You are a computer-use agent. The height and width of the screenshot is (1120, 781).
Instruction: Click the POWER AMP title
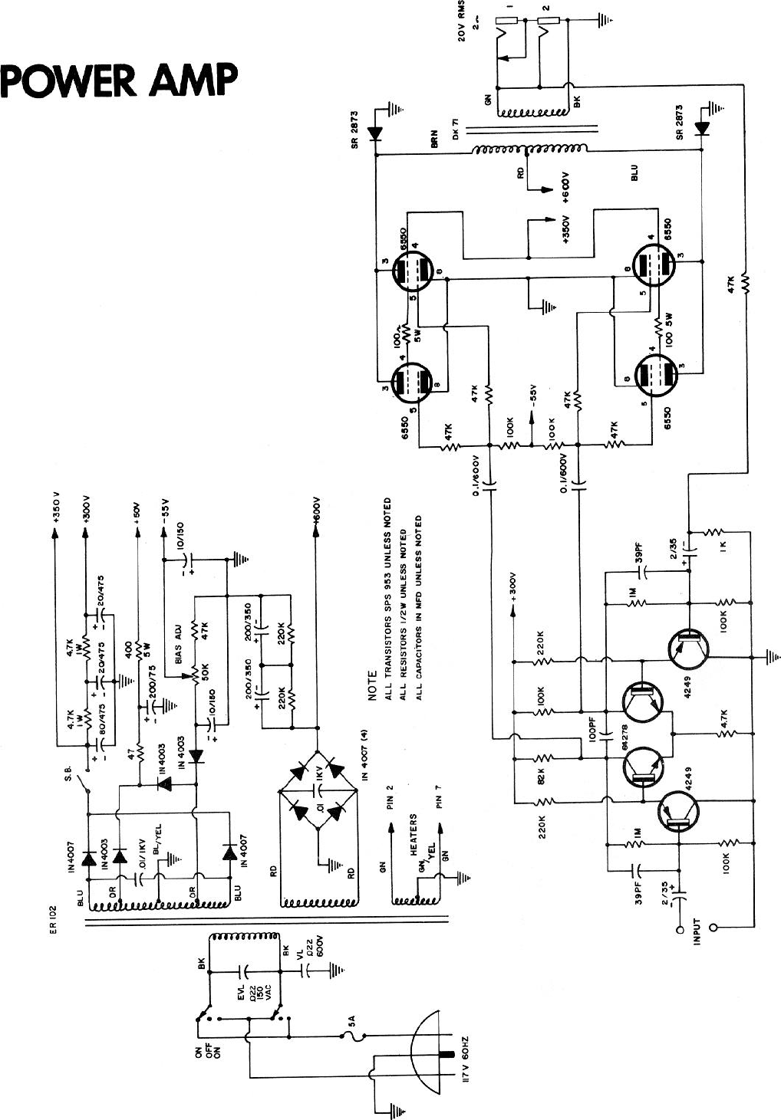click(119, 80)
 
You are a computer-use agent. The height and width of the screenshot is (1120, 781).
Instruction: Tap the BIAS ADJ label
click(179, 648)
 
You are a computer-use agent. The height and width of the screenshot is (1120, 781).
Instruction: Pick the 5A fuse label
click(352, 1021)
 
